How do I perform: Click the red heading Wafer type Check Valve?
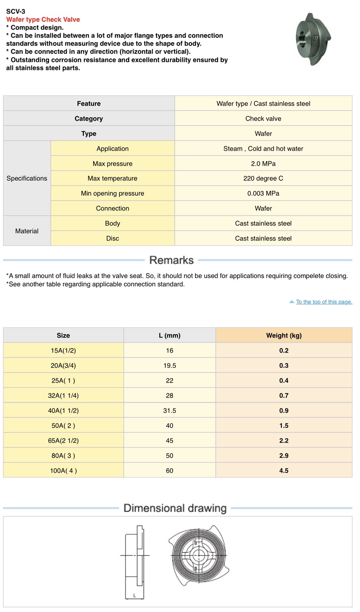[43, 19]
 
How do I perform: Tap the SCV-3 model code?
[16, 11]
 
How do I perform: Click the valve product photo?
[313, 39]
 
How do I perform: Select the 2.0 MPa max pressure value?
[263, 163]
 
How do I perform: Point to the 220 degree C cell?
[263, 178]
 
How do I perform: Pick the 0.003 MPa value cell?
[263, 193]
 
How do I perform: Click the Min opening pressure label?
[113, 193]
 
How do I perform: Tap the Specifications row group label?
[27, 178]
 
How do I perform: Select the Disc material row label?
[113, 239]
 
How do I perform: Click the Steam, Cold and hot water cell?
[263, 149]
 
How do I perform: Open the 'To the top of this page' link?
[324, 302]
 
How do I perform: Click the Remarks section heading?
[171, 260]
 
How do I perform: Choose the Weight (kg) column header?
[284, 335]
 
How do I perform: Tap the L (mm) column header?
[169, 335]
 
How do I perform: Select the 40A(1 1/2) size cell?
[63, 411]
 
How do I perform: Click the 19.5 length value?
[169, 366]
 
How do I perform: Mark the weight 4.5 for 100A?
[284, 471]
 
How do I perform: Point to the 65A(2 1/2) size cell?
[63, 441]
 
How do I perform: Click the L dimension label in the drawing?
[135, 596]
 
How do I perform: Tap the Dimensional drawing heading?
[175, 508]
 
